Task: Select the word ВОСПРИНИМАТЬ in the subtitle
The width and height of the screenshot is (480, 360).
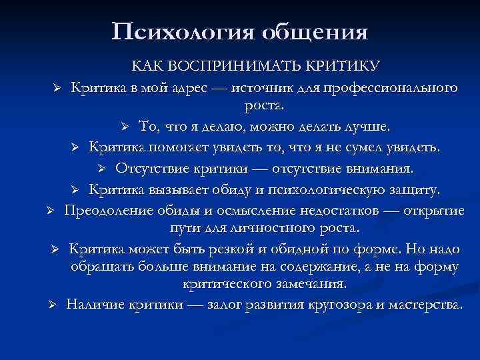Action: pos(233,67)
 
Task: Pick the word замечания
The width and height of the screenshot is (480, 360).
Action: pos(313,285)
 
